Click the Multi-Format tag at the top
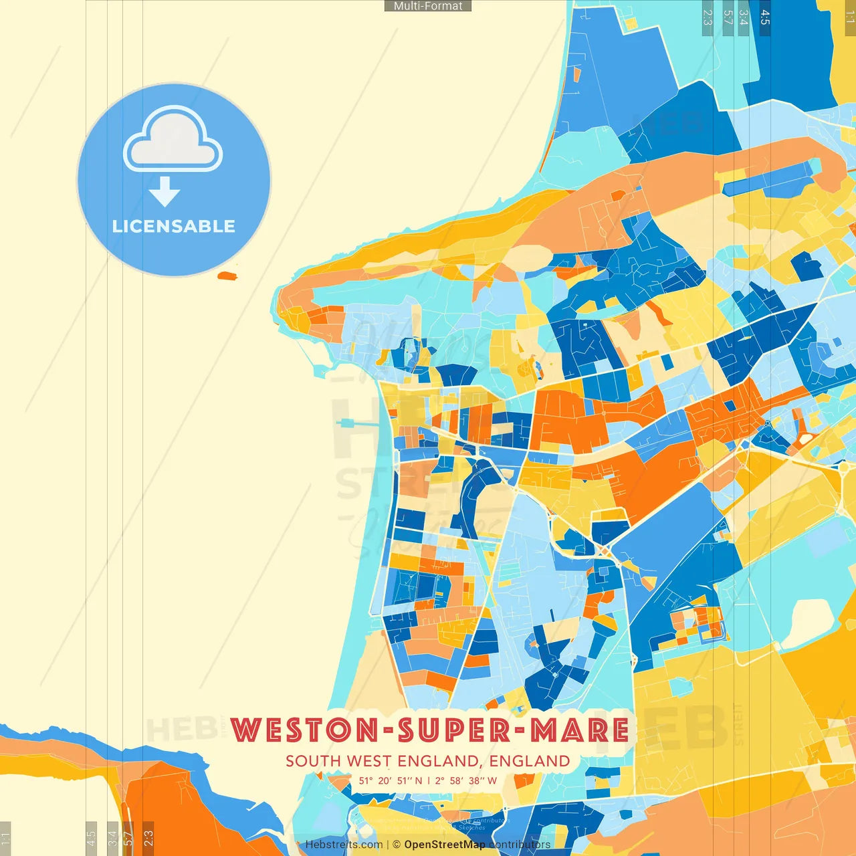[428, 6]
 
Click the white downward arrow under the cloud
[165, 191]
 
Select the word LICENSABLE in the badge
[174, 226]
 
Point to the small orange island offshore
[227, 275]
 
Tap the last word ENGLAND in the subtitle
[529, 761]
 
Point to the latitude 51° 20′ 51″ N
[391, 780]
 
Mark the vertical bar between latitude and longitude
[429, 780]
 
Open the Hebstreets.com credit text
[344, 845]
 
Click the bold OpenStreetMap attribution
[445, 845]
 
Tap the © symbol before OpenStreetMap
[397, 845]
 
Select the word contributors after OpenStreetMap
[520, 845]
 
